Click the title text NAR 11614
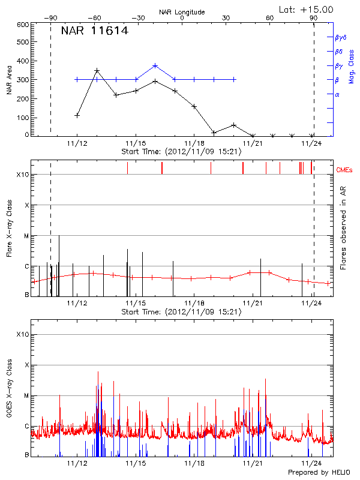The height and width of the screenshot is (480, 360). point(94,31)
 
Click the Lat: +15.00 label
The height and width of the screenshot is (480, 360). point(307,9)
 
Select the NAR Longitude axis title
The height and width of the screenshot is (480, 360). point(182,11)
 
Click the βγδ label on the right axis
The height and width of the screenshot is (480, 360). point(341,37)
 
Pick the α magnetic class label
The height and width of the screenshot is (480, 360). point(337,94)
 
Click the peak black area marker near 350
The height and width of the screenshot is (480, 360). point(97,71)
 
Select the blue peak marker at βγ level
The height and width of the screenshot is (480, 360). point(155,65)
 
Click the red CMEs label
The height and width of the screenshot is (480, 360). point(346,170)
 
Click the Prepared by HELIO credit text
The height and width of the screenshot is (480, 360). point(319,473)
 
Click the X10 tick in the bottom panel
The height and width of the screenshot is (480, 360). point(23,334)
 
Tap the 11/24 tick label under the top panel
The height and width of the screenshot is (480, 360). point(311,144)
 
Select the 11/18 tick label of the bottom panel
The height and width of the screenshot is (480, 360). point(194,463)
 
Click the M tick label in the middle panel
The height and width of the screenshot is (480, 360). point(26,236)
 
